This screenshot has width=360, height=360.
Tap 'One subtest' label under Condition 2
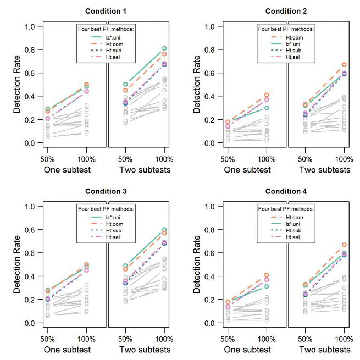pyautogui.click(x=247, y=170)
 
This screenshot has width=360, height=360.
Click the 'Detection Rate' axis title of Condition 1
pyautogui.click(x=16, y=85)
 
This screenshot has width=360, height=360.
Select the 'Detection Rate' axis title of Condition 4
pyautogui.click(x=197, y=265)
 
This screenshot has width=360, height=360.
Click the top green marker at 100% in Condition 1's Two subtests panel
pyautogui.click(x=164, y=48)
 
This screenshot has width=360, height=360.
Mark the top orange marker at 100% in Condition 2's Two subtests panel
pyautogui.click(x=345, y=65)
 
